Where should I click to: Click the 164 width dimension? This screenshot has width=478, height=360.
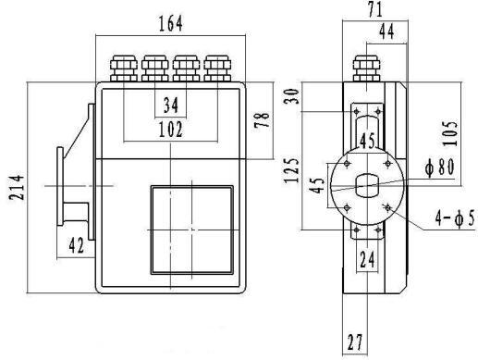point(171,24)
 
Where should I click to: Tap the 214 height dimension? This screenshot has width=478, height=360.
point(17,188)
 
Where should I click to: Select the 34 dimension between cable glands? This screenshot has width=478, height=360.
point(171,105)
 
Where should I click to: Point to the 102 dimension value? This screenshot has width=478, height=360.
point(171,130)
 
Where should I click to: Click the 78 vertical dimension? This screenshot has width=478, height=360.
point(262,120)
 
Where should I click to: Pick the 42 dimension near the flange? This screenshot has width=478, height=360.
point(76,245)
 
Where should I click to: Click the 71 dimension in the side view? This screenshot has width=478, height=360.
point(375,9)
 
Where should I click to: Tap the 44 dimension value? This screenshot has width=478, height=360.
point(386,31)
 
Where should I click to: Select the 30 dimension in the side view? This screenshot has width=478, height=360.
point(291,96)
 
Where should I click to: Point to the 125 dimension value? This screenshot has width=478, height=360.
point(291,170)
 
